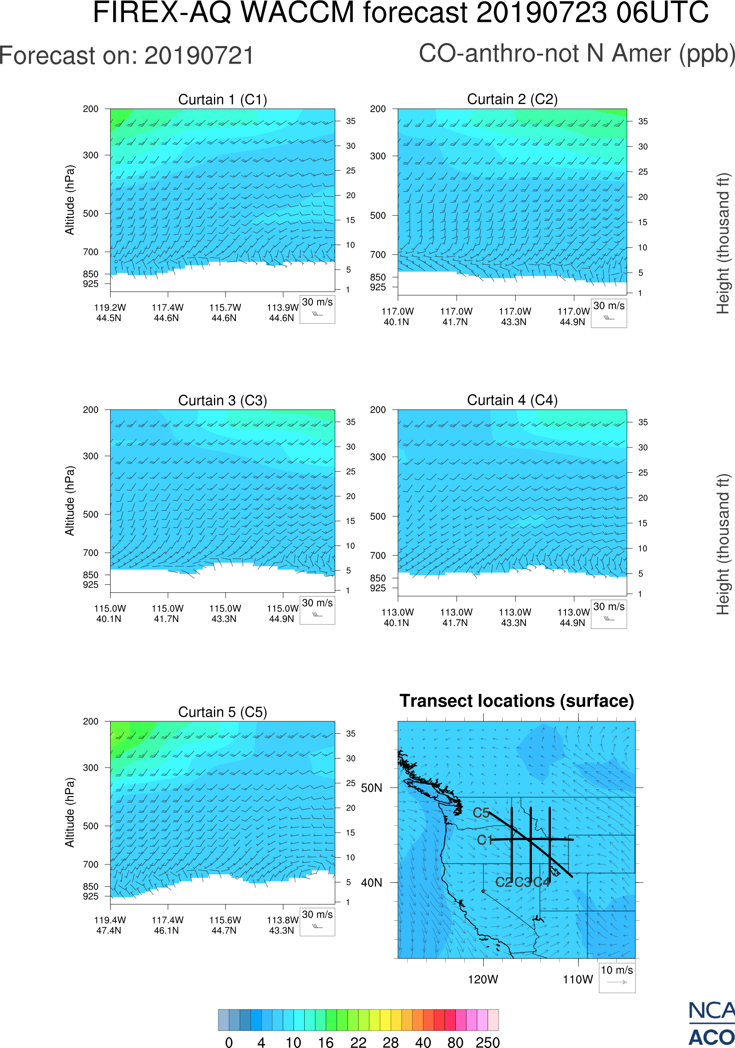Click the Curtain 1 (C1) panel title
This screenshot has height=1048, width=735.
[222, 99]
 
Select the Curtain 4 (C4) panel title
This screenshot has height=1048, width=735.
[512, 400]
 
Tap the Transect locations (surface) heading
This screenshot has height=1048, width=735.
[517, 701]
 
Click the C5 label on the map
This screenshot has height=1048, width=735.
[481, 812]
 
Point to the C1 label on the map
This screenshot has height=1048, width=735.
[484, 840]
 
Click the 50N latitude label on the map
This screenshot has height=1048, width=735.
[371, 788]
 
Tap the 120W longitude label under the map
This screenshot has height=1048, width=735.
[483, 980]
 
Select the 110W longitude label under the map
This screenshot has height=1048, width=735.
[577, 980]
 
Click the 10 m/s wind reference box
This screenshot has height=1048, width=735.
[617, 977]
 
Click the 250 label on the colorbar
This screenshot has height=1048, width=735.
[488, 1042]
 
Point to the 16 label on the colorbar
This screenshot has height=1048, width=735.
[325, 1042]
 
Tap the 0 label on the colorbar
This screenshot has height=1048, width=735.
[229, 1042]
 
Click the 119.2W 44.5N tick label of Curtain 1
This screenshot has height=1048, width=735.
[110, 313]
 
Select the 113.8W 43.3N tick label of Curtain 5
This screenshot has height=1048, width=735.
[282, 925]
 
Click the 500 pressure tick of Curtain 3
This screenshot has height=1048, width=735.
[90, 515]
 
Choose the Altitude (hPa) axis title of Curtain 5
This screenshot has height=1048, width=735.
[69, 812]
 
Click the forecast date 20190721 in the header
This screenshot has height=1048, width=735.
[199, 56]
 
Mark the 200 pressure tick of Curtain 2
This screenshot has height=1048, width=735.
[378, 109]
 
